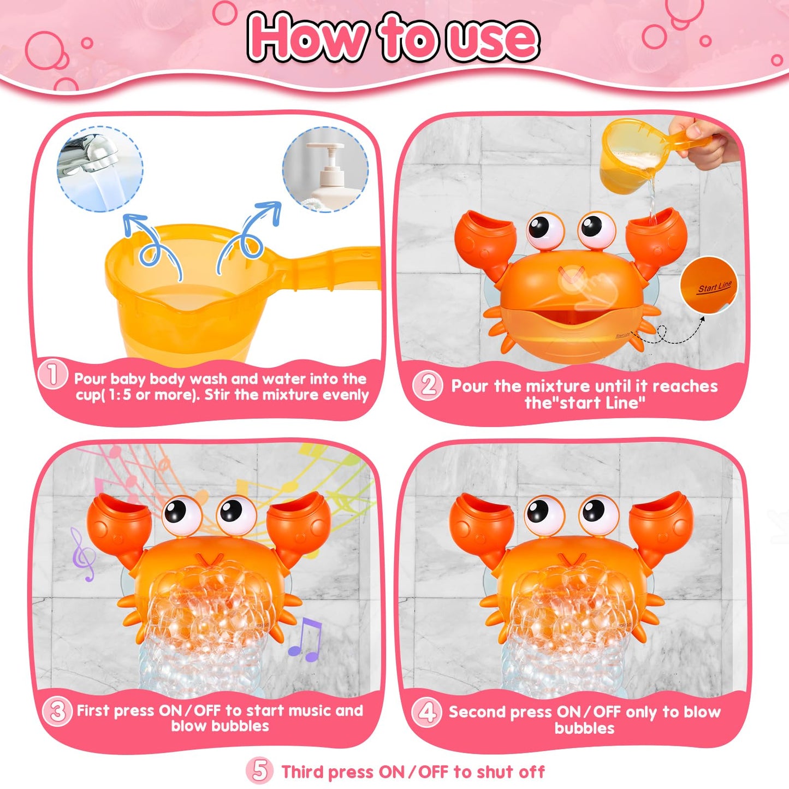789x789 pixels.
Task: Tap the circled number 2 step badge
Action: [x=428, y=385]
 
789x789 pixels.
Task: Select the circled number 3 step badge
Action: [x=57, y=712]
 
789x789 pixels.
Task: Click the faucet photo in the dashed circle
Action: [x=100, y=169]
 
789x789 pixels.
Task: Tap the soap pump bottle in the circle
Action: [x=325, y=169]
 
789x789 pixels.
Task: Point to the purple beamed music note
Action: [x=305, y=639]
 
